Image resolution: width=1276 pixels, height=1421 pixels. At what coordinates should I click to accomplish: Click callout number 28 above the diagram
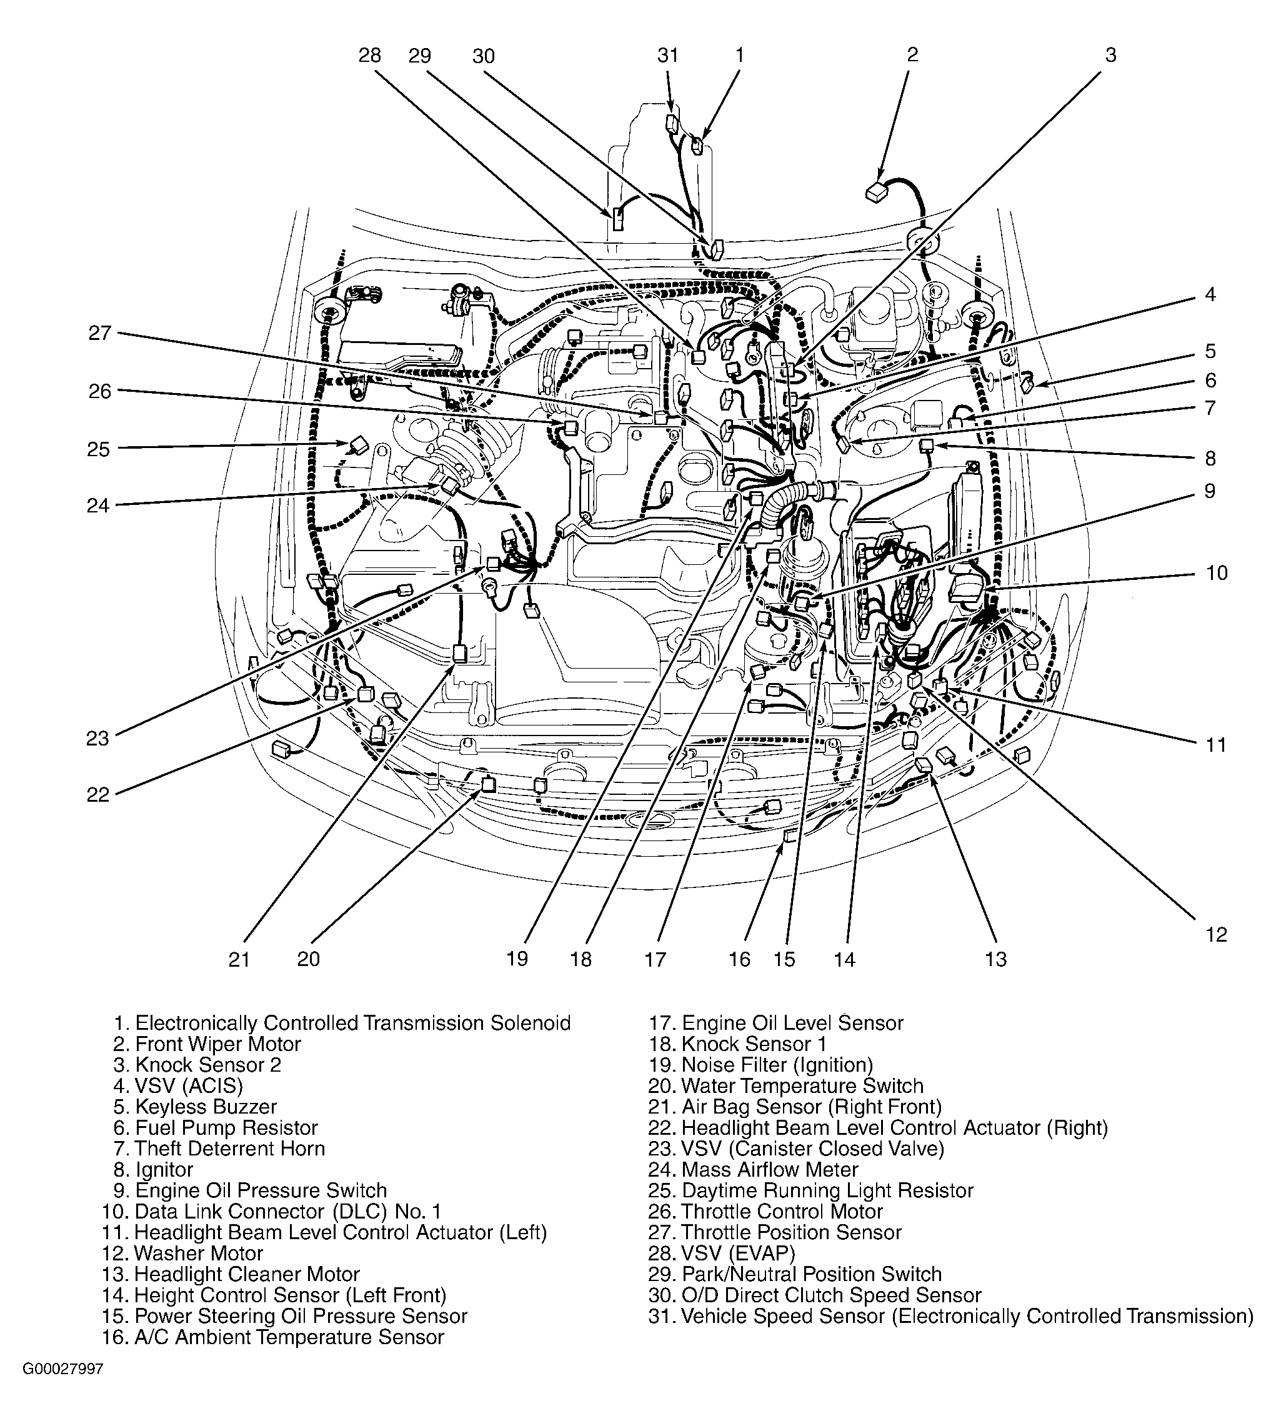(x=369, y=56)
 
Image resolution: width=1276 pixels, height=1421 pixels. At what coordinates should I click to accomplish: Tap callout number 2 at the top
(x=912, y=55)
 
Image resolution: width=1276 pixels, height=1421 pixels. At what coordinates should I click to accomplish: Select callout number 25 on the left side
(x=99, y=449)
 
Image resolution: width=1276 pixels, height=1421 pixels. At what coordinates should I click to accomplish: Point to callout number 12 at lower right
(x=1217, y=934)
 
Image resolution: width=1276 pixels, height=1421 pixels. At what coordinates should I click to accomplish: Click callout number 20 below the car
(x=309, y=959)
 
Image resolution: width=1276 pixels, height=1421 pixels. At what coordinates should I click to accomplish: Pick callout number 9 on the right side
(x=1209, y=491)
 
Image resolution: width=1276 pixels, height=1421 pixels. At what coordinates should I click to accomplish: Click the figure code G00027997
(x=63, y=1389)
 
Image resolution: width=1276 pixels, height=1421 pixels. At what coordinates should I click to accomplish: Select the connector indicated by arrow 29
(x=617, y=219)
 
